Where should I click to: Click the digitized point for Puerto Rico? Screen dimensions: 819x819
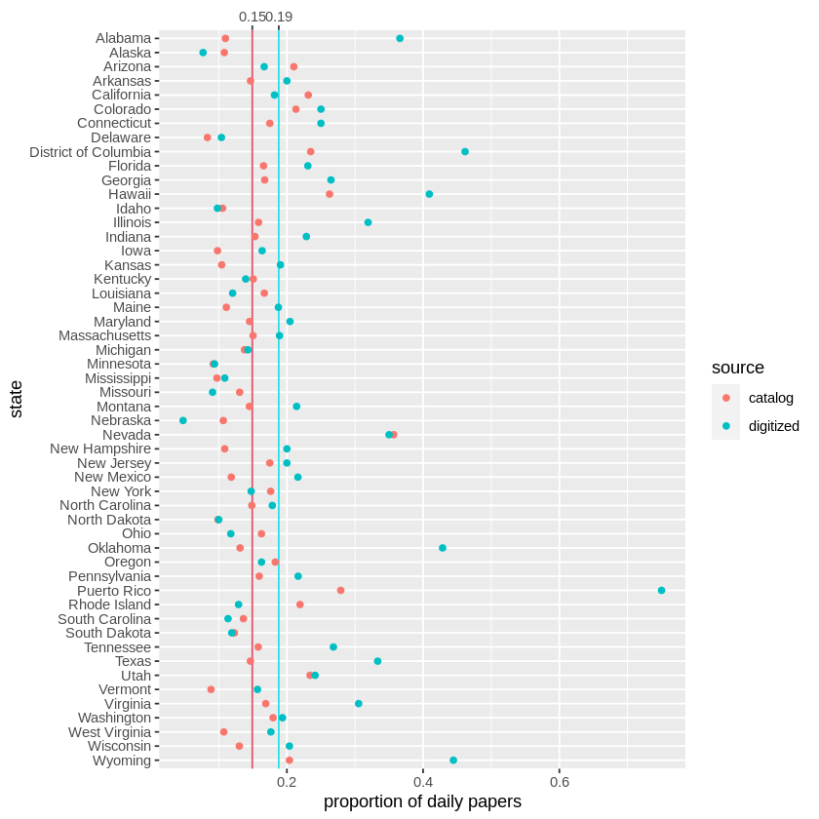click(661, 591)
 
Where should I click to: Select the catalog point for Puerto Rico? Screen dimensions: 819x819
click(340, 591)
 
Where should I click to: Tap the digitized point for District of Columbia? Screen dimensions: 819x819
click(465, 152)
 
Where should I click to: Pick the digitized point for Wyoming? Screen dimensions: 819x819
click(453, 760)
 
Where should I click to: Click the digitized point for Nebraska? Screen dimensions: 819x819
click(182, 420)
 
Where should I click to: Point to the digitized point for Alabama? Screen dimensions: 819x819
click(400, 38)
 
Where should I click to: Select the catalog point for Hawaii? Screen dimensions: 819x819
click(330, 194)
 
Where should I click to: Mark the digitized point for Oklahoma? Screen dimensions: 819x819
click(443, 548)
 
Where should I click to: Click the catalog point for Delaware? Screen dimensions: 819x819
click(207, 137)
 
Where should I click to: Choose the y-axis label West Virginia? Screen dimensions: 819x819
click(109, 732)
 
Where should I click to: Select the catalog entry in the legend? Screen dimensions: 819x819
click(770, 398)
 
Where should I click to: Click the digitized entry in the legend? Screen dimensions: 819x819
click(773, 426)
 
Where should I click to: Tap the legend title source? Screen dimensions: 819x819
click(738, 368)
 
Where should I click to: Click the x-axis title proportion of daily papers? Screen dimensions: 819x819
click(422, 802)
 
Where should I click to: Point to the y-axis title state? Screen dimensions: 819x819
click(16, 400)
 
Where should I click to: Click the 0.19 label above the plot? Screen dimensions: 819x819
click(280, 17)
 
